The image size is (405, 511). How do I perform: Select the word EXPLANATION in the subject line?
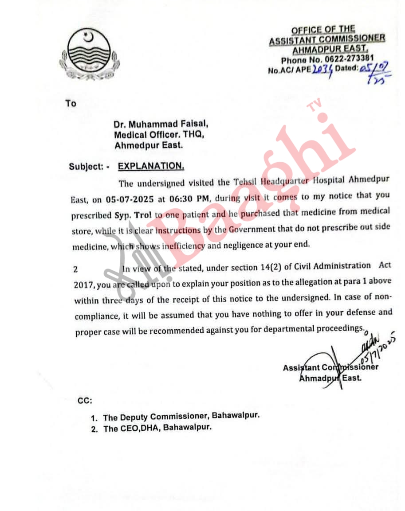coord(151,166)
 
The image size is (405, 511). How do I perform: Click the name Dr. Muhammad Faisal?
coord(153,125)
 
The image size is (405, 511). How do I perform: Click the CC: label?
coord(85,401)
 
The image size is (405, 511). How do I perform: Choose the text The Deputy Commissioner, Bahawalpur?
coord(181,417)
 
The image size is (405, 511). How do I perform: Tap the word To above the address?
coord(71,103)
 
